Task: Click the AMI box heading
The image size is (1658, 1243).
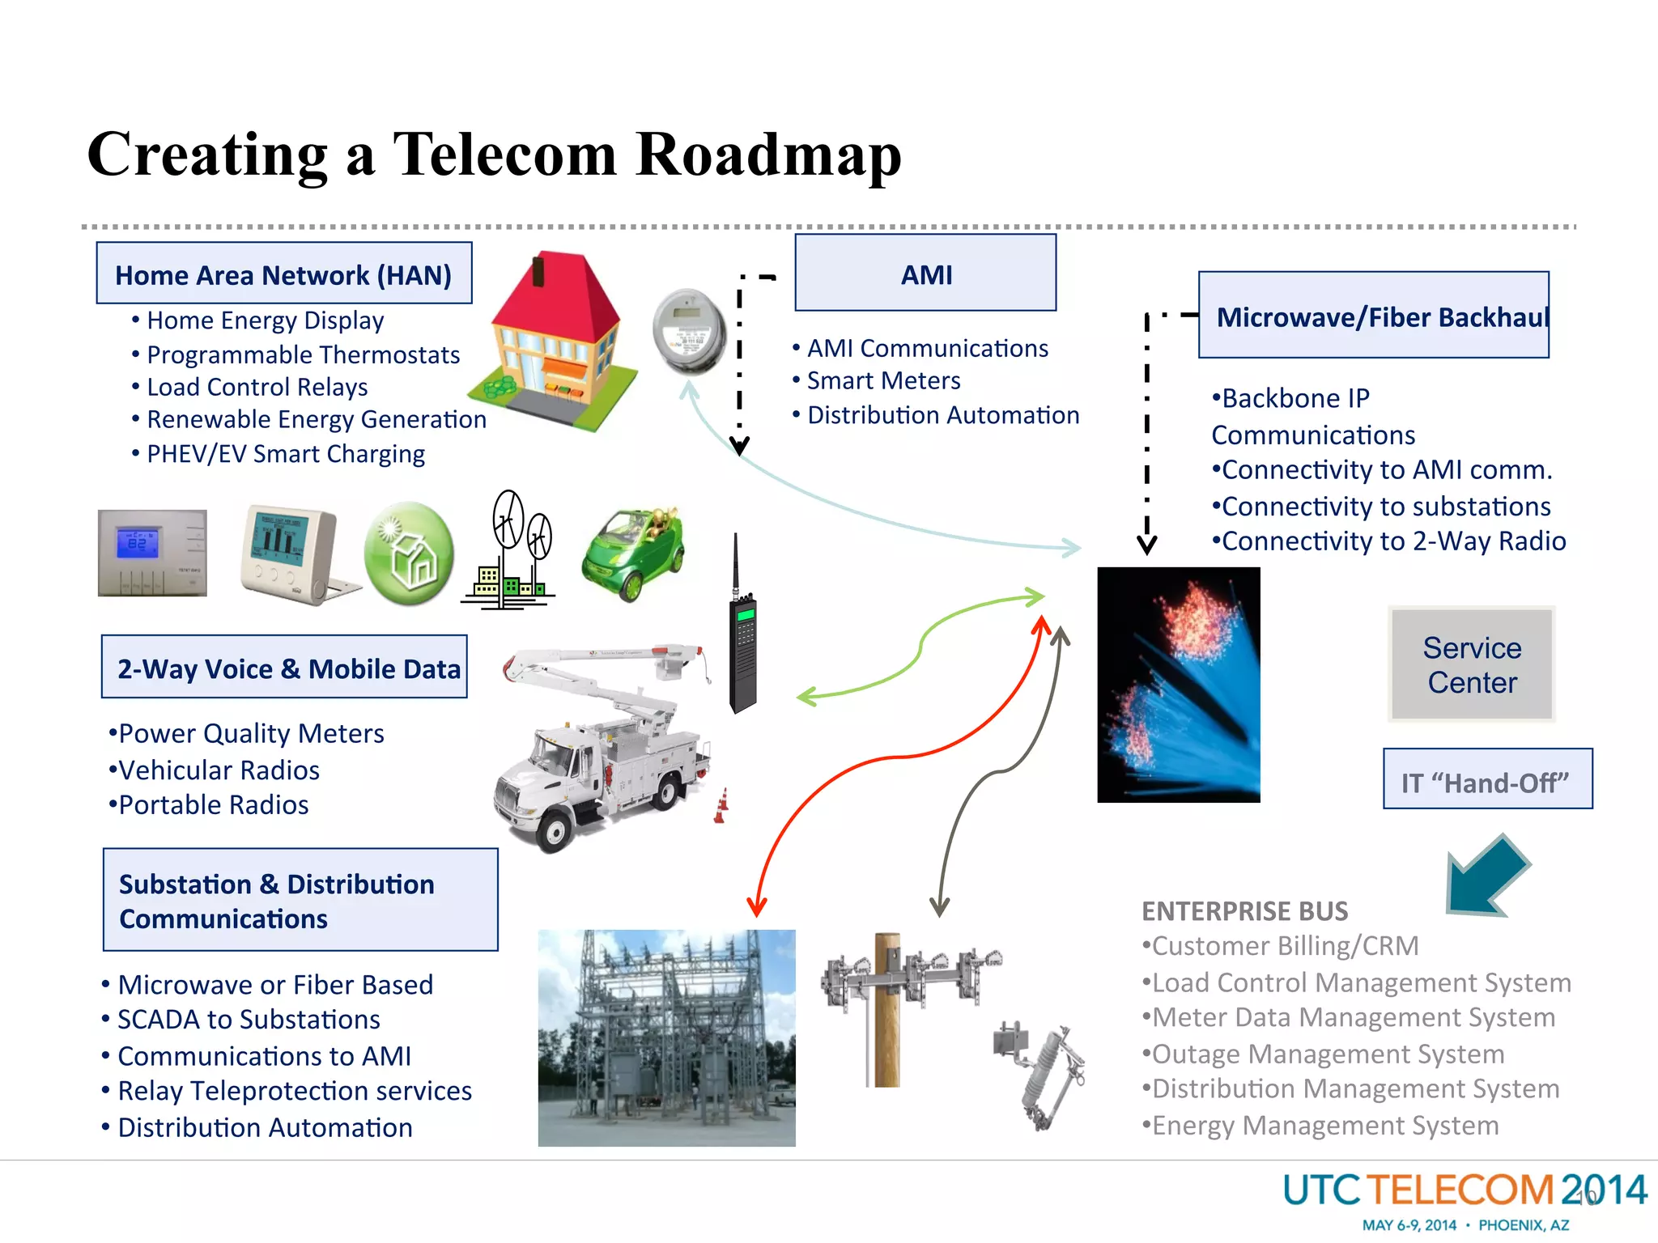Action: (x=925, y=274)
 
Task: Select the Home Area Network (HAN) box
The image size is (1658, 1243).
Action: (x=283, y=274)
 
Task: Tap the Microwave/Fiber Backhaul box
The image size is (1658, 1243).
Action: (x=1373, y=316)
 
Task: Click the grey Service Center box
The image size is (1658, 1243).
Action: (x=1471, y=664)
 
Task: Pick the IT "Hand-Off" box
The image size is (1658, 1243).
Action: (x=1486, y=779)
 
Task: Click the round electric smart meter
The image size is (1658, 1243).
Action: (x=689, y=332)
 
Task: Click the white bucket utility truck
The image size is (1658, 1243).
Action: (x=603, y=749)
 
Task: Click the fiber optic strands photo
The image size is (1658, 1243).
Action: (x=1178, y=685)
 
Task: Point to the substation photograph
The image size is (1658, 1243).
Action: (x=666, y=1037)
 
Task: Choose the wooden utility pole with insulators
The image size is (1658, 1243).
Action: (x=888, y=1008)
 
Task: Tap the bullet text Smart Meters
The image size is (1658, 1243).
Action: (x=883, y=380)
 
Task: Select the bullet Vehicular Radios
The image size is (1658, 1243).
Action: (x=219, y=770)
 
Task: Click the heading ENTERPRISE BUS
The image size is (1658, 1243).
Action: (x=1244, y=911)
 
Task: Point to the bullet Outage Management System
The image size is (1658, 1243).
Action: (x=1328, y=1054)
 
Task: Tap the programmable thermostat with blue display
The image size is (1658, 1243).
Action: (x=152, y=552)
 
